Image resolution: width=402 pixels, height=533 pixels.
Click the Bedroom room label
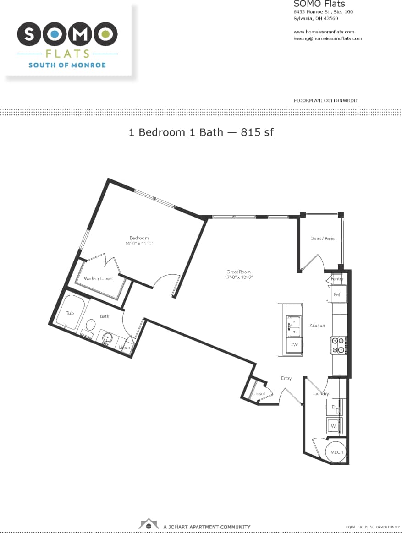click(x=139, y=238)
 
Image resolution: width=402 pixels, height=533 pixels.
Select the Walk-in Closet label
click(x=98, y=278)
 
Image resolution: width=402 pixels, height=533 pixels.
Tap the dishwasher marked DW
click(x=293, y=345)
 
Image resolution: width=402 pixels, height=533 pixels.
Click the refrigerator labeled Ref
click(x=337, y=294)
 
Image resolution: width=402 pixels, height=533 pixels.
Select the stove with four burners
click(x=339, y=345)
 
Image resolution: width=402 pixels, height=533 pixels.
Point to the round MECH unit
click(x=337, y=452)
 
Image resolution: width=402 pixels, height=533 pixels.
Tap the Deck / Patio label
click(x=323, y=239)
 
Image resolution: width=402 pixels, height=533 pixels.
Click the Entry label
click(x=286, y=378)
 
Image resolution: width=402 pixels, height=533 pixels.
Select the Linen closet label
click(x=125, y=348)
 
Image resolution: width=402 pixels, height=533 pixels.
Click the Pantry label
click(x=337, y=279)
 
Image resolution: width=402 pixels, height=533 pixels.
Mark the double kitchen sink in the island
click(x=293, y=326)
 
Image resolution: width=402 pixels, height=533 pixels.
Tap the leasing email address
click(x=327, y=38)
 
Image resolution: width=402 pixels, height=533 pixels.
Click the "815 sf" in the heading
click(x=257, y=132)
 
